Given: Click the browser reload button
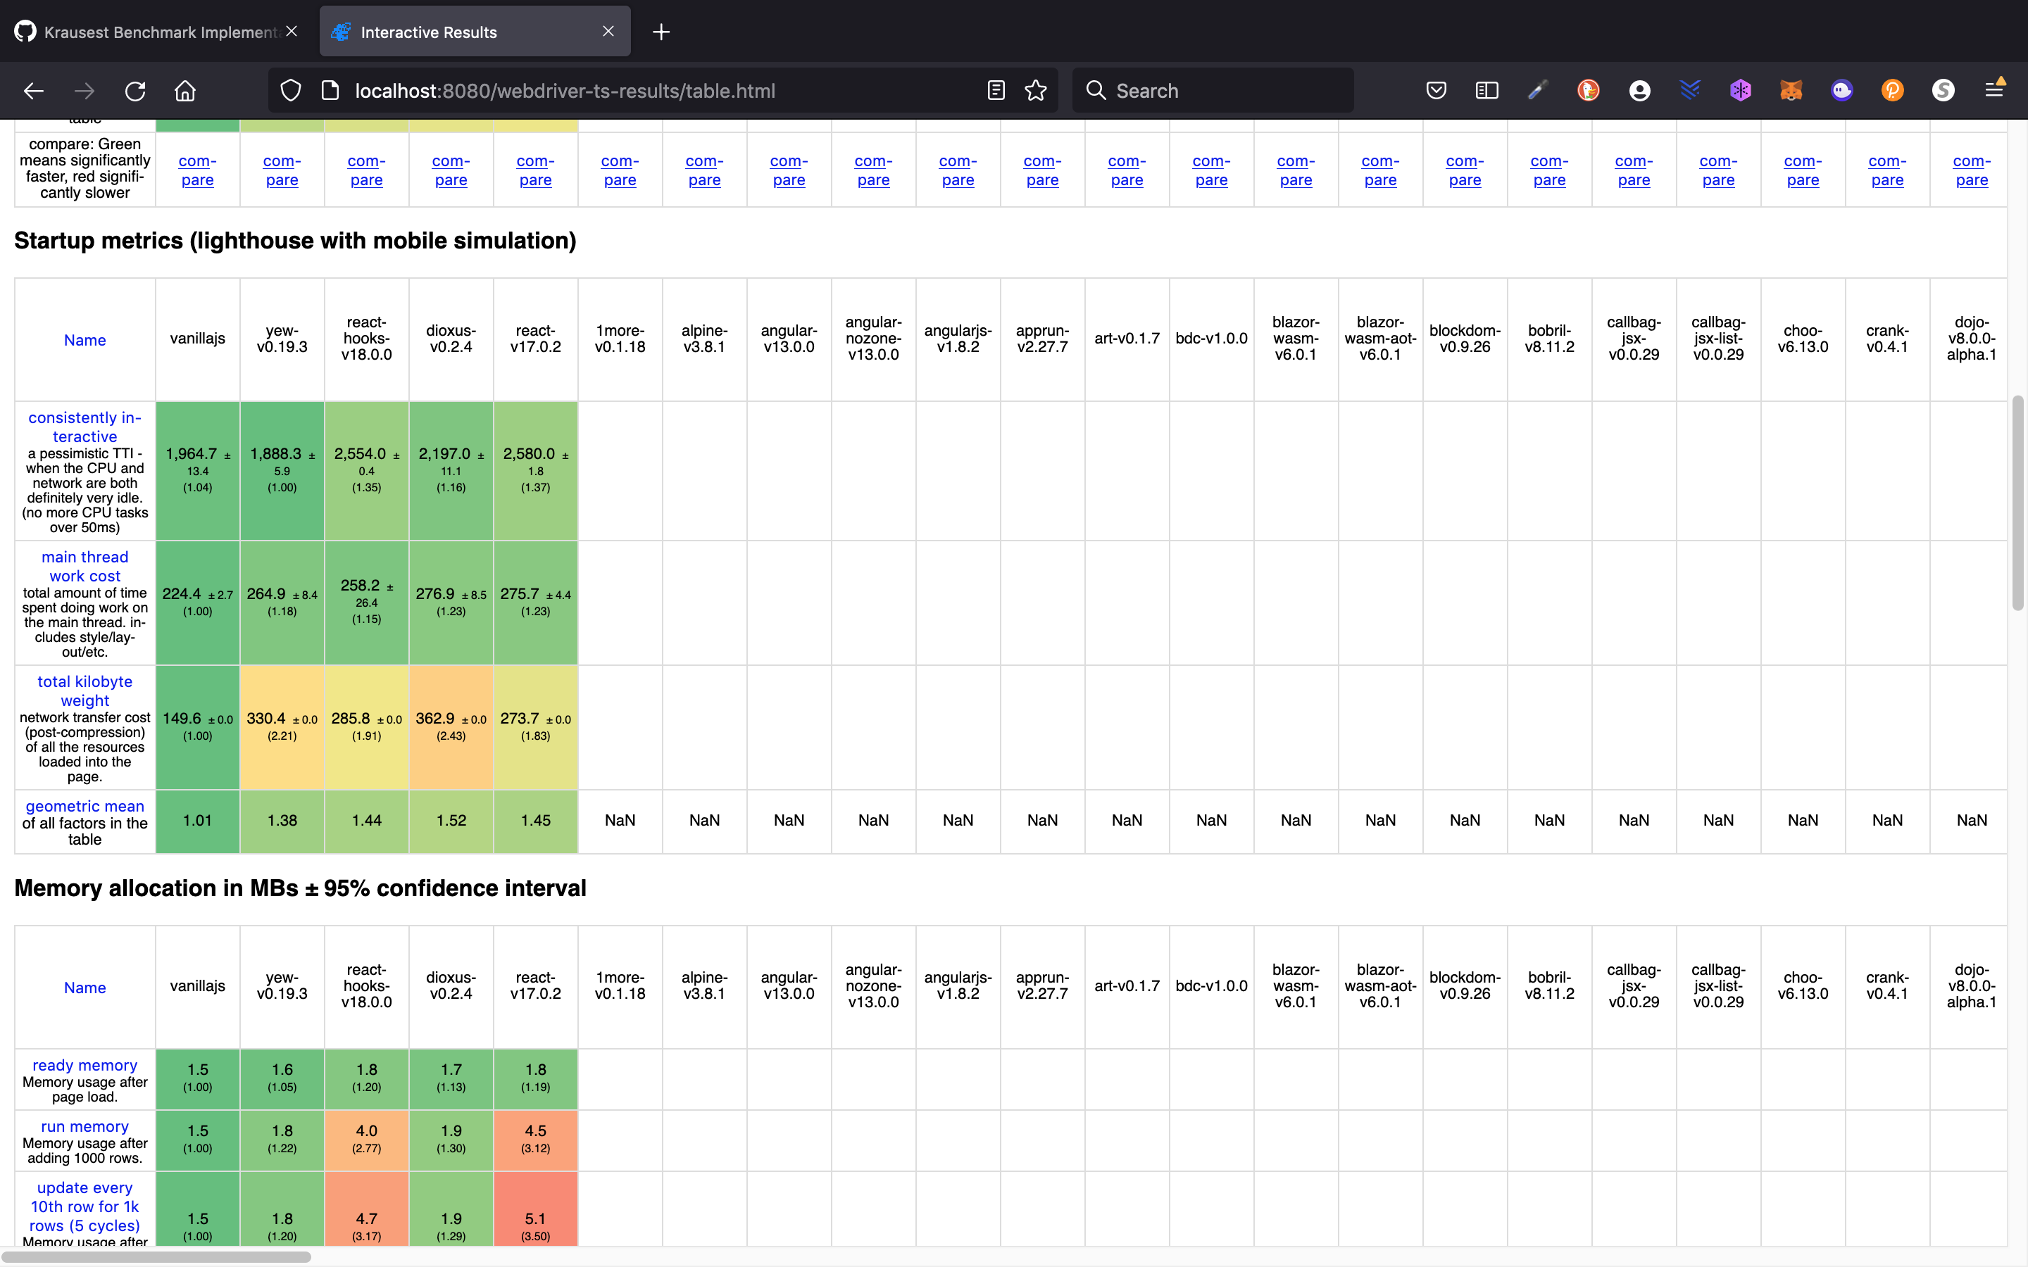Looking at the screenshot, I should click(135, 91).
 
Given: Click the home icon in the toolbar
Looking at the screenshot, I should click(185, 91).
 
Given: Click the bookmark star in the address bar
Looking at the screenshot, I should click(1036, 91).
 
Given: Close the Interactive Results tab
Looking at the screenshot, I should click(608, 32).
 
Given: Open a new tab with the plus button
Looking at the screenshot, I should click(661, 32).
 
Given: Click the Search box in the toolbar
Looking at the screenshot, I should click(1213, 91).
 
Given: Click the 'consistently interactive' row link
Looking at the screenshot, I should click(84, 427).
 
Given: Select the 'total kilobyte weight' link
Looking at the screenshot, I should click(84, 691).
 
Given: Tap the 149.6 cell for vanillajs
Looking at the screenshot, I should click(198, 726).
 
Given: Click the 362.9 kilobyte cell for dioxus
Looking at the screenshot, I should click(451, 726).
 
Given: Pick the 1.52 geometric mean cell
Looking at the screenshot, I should click(451, 820).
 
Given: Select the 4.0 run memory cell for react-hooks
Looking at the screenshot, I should click(366, 1139).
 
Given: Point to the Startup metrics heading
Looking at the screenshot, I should click(295, 241).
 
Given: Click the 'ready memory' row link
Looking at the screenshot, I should click(84, 1065).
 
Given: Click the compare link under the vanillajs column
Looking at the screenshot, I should click(198, 170).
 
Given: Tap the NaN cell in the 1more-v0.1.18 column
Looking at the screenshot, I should click(620, 820).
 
